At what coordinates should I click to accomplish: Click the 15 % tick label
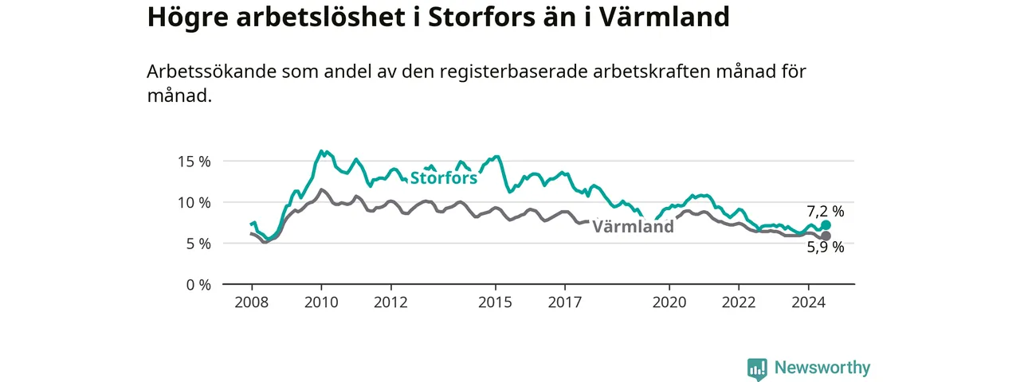pos(194,162)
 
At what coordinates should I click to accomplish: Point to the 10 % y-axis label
pos(194,203)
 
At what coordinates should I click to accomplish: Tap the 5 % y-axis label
pos(198,244)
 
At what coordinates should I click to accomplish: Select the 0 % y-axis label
pos(198,285)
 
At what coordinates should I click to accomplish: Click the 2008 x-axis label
pos(252,302)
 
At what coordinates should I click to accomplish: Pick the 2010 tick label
pos(321,302)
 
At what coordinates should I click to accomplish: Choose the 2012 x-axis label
pos(390,302)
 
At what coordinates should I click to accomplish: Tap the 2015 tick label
pos(495,302)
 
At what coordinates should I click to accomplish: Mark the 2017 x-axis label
pos(565,302)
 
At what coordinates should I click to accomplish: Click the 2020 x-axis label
pos(669,302)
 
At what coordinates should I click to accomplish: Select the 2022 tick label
pos(739,302)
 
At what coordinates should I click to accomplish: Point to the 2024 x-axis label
pos(808,302)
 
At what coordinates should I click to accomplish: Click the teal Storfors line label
pos(444,177)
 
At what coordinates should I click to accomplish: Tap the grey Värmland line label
pos(633,227)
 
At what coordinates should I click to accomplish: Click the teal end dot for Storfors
pos(826,225)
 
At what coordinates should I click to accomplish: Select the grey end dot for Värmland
pos(826,236)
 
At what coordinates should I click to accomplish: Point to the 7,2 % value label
pos(826,212)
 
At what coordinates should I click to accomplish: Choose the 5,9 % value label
pos(826,248)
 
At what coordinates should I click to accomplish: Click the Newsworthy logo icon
pos(757,368)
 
